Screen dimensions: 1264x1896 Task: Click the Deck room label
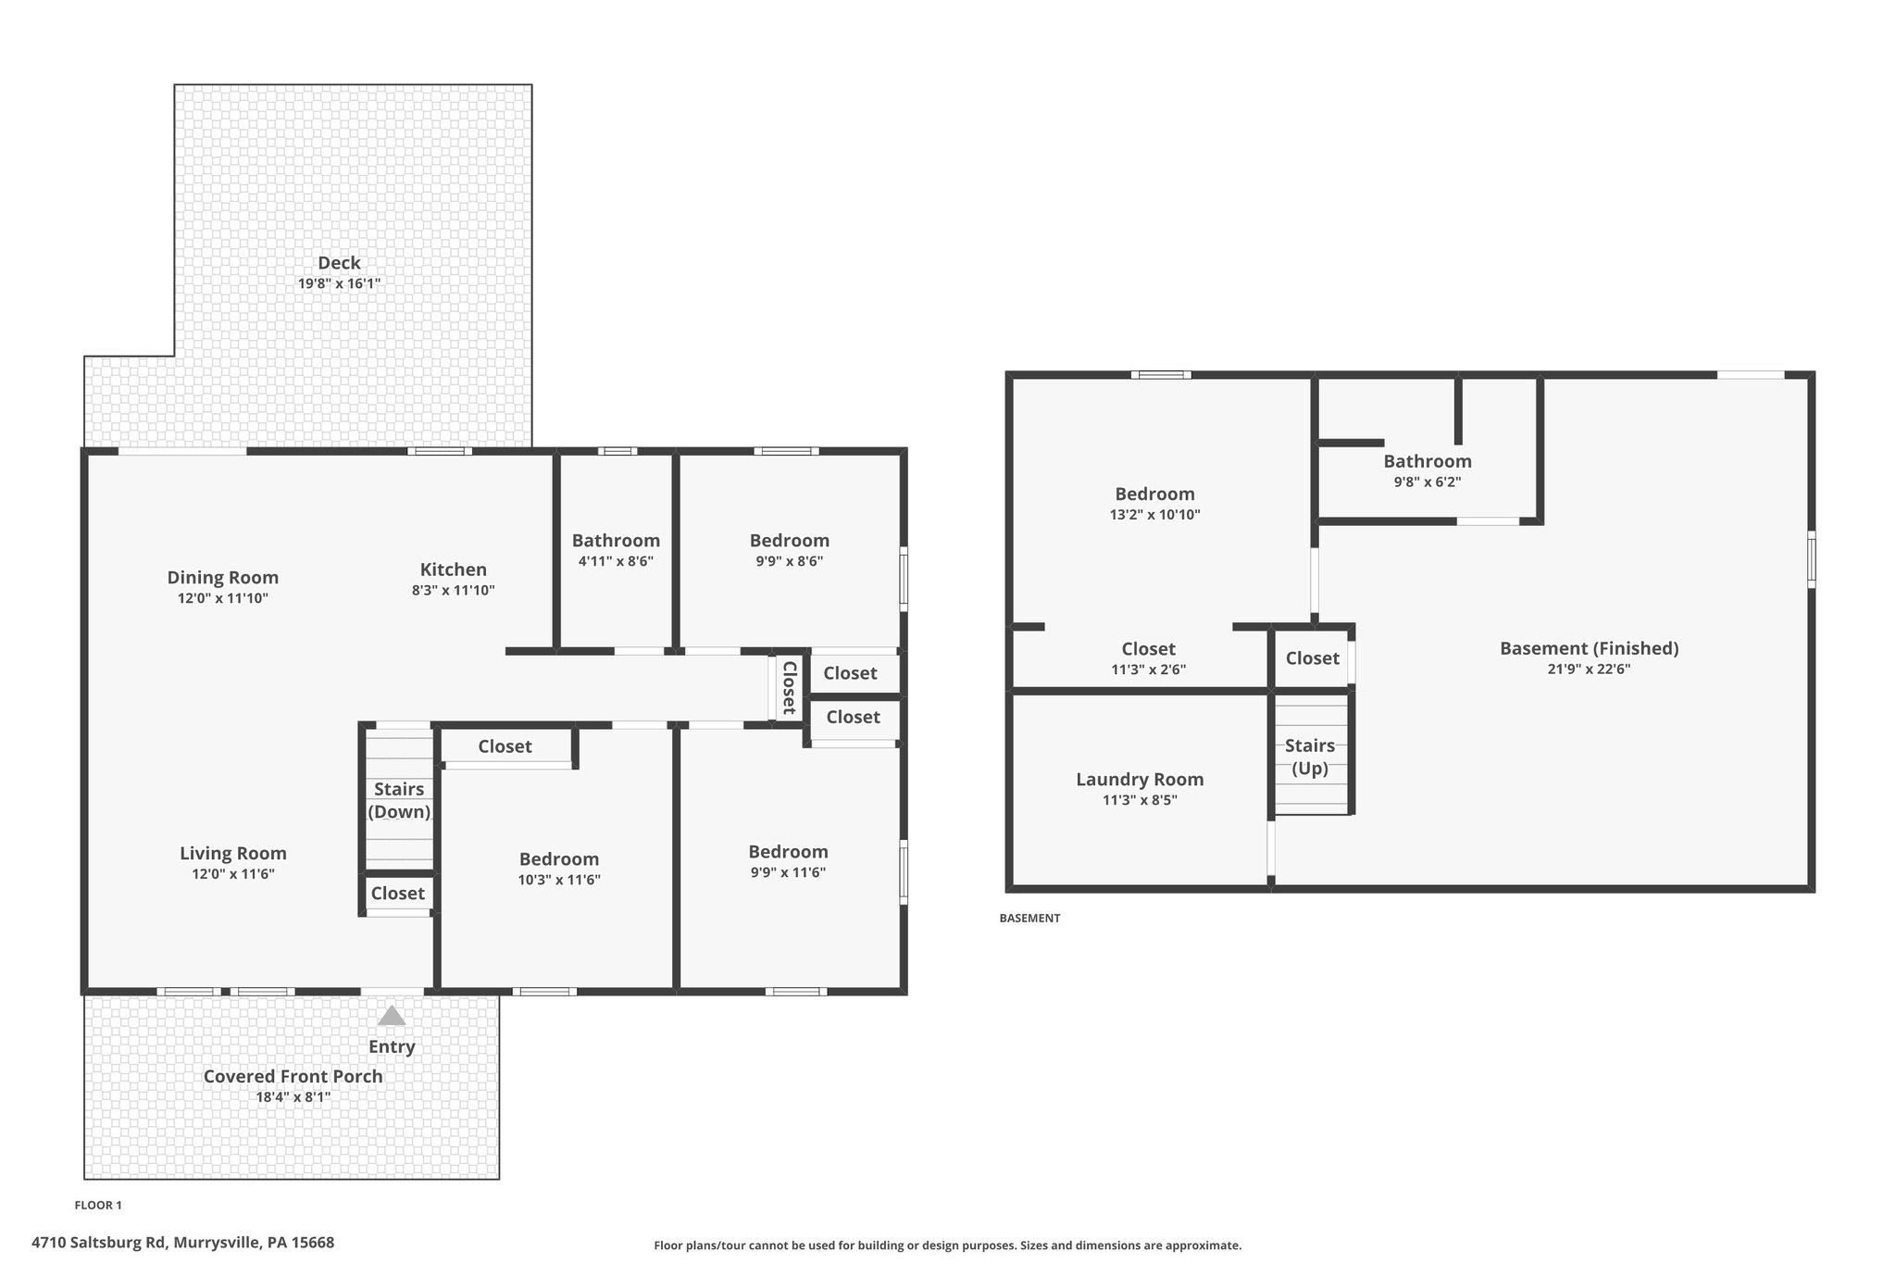pyautogui.click(x=339, y=263)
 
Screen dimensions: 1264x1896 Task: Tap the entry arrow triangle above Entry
pyautogui.click(x=392, y=1016)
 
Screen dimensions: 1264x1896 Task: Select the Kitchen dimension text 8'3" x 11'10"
pyautogui.click(x=453, y=591)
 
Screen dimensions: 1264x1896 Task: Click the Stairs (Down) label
pyautogui.click(x=399, y=801)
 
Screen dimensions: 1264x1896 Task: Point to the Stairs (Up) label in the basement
pyautogui.click(x=1309, y=757)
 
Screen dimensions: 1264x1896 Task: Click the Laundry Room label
pyautogui.click(x=1140, y=780)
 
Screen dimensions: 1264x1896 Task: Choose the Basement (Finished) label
pyautogui.click(x=1589, y=648)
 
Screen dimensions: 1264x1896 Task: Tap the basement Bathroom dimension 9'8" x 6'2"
pyautogui.click(x=1427, y=482)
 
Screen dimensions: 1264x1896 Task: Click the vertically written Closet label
pyautogui.click(x=790, y=687)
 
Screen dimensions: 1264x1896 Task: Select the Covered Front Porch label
pyautogui.click(x=293, y=1076)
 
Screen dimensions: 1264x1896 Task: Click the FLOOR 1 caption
pyautogui.click(x=98, y=1205)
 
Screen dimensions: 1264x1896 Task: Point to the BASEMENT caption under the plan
pyautogui.click(x=1029, y=919)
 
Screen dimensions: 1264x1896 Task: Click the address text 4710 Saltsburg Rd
pyautogui.click(x=182, y=1243)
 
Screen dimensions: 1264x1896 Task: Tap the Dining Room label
pyautogui.click(x=222, y=578)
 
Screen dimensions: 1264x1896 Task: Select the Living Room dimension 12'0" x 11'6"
pyautogui.click(x=227, y=874)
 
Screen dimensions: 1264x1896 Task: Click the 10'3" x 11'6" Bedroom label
pyautogui.click(x=558, y=859)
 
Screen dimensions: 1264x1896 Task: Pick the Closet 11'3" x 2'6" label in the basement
pyautogui.click(x=1148, y=649)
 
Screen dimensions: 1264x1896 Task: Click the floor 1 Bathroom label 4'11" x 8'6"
pyautogui.click(x=616, y=541)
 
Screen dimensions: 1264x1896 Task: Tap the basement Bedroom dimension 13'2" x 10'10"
pyautogui.click(x=1154, y=515)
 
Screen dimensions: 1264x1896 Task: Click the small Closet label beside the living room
pyautogui.click(x=397, y=894)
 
